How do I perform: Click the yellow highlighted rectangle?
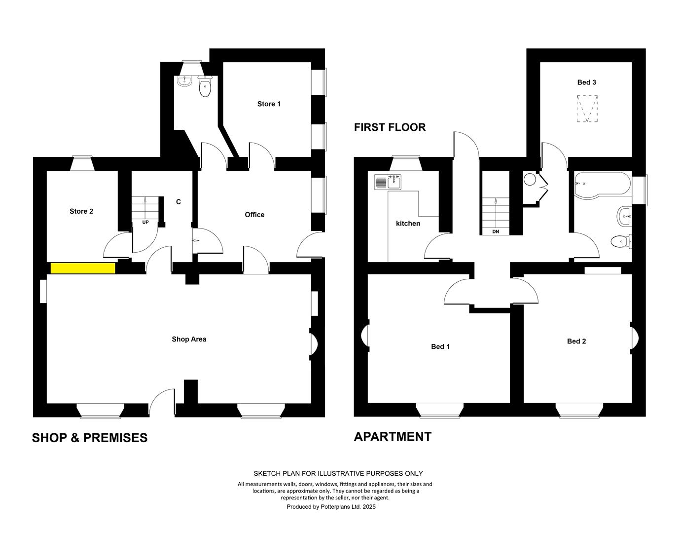click(x=83, y=268)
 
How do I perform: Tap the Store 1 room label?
click(x=269, y=104)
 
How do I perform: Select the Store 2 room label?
click(x=81, y=211)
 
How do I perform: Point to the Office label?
click(x=254, y=215)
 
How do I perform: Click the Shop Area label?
click(x=189, y=339)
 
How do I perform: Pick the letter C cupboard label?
click(x=179, y=202)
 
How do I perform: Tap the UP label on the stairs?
click(x=145, y=223)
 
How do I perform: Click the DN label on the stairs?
click(x=496, y=232)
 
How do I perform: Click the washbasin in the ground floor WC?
click(x=184, y=81)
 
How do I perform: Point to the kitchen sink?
click(x=388, y=182)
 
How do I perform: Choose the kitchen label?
click(x=408, y=224)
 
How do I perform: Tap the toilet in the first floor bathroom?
click(x=621, y=241)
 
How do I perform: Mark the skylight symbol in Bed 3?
click(x=587, y=109)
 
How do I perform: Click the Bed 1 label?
click(x=440, y=346)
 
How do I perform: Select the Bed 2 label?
click(x=576, y=342)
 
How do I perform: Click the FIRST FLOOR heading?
click(x=390, y=127)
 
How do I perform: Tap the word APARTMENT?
click(x=393, y=437)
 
